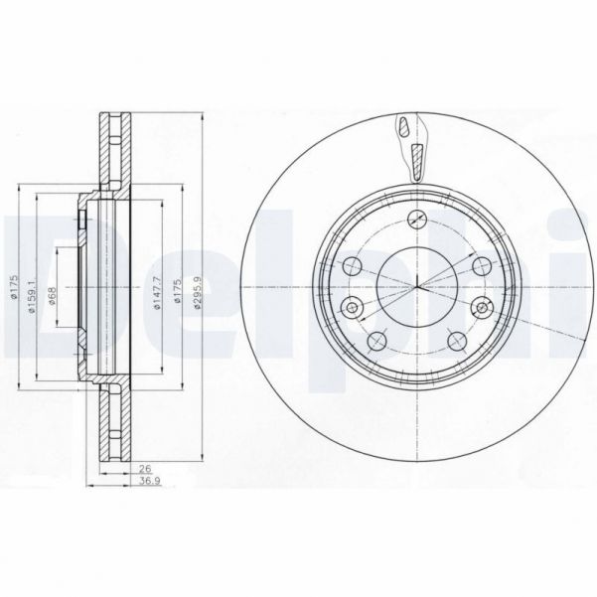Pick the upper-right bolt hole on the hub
(478, 266)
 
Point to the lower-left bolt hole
(374, 342)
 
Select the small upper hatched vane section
(404, 127)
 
